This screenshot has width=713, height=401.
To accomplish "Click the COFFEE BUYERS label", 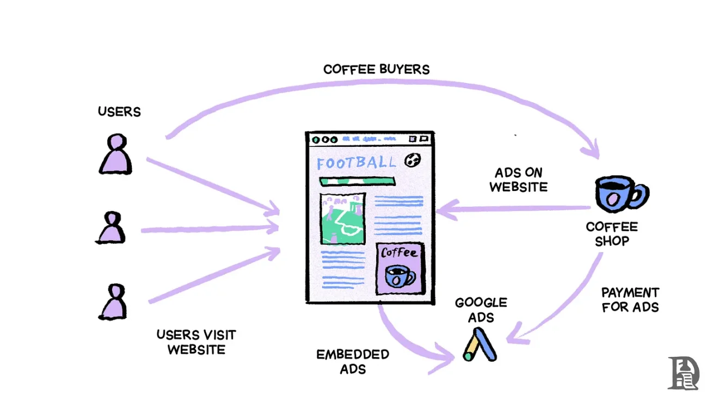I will [376, 70].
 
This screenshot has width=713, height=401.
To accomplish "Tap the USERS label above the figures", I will [119, 112].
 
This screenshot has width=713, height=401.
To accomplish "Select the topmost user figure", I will [115, 155].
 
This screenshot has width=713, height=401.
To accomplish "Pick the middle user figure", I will [112, 228].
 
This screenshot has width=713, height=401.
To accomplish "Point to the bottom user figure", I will [113, 302].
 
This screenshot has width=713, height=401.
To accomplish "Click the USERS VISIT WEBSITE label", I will [196, 342].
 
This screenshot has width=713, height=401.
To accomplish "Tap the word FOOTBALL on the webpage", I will [356, 162].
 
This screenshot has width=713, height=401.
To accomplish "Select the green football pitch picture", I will [342, 219].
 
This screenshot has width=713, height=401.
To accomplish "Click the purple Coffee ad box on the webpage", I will [400, 268].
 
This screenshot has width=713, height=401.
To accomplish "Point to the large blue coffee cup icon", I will [619, 194].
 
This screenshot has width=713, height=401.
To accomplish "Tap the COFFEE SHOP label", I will [612, 233].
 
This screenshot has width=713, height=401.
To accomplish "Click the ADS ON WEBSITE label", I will [518, 180].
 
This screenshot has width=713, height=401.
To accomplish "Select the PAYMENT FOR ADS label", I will [630, 300].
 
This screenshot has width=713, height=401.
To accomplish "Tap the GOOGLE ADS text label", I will [481, 310].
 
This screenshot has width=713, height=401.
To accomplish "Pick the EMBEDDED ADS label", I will [353, 361].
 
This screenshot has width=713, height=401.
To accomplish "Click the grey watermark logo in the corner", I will [684, 373].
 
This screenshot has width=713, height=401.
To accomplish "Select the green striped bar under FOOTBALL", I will [357, 181].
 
